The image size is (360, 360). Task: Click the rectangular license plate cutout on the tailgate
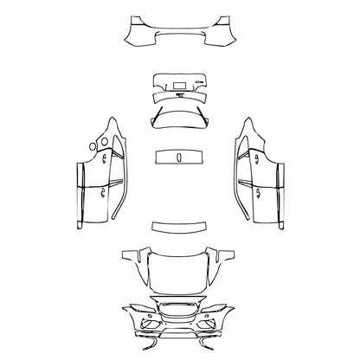point(182,85)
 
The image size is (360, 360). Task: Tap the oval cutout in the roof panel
point(179,157)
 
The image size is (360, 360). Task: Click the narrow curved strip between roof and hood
point(179,227)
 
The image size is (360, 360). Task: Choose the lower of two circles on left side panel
point(101,143)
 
